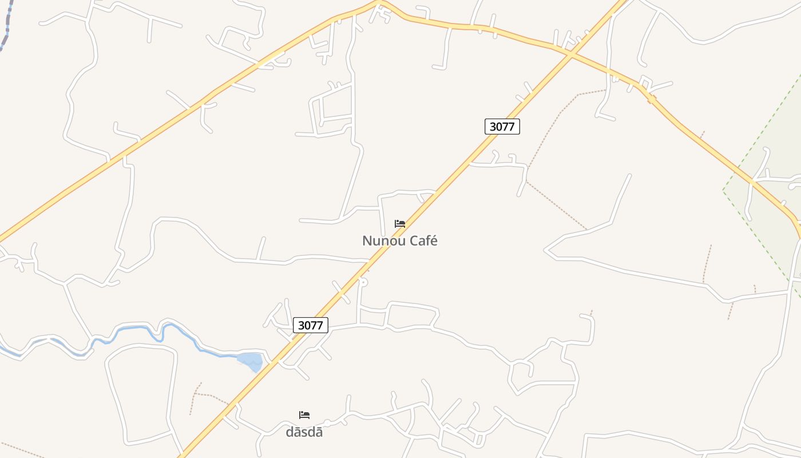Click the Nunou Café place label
[x=399, y=241]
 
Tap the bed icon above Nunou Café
[x=400, y=223]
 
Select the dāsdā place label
[x=304, y=432]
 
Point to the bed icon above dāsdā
[x=304, y=414]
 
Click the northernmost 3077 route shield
[x=502, y=127]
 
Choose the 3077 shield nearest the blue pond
[x=311, y=325]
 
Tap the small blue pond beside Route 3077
[x=250, y=361]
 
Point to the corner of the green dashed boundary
[x=723, y=190]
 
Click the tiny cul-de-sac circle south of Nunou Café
[x=362, y=282]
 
